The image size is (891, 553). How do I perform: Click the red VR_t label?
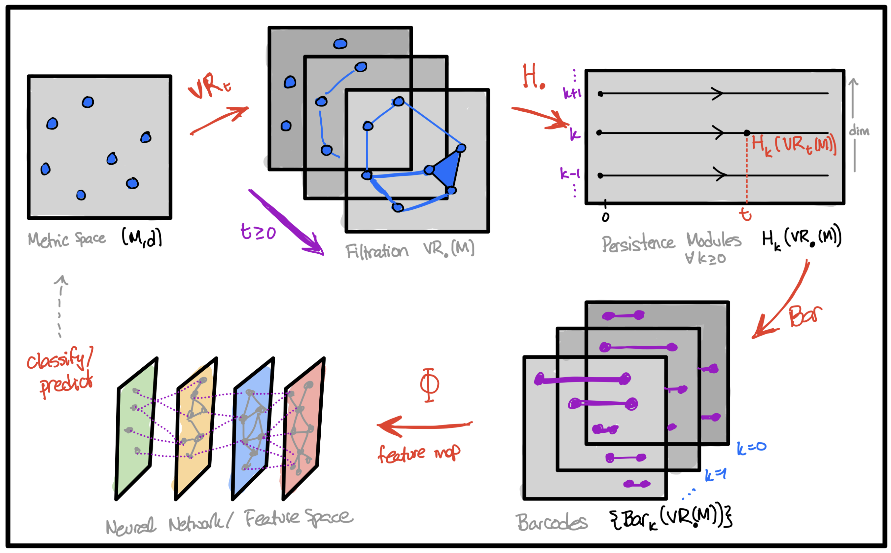tap(208, 86)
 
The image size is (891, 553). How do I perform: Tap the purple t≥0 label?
tap(258, 232)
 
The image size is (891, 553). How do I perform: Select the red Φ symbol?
tap(429, 385)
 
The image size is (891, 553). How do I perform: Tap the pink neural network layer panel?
tap(303, 428)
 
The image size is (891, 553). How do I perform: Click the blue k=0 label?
tap(751, 448)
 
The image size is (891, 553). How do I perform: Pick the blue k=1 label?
tap(715, 475)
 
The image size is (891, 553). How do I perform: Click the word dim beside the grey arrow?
tap(859, 130)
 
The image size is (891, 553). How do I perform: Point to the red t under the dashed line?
tap(745, 214)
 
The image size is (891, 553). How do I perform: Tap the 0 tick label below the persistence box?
tap(605, 217)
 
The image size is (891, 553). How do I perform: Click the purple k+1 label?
tap(572, 93)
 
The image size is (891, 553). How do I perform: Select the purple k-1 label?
tap(570, 173)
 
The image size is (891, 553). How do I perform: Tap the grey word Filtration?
tap(376, 252)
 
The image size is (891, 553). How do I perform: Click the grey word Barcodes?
tap(552, 522)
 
